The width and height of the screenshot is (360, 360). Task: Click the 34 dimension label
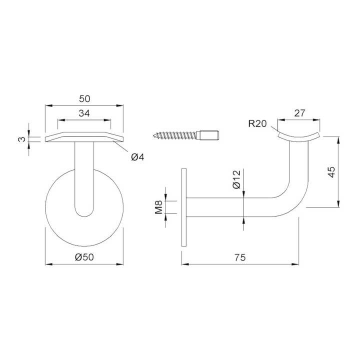[x=84, y=113]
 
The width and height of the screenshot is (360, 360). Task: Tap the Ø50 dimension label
[x=84, y=257]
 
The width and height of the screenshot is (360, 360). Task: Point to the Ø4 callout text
[x=137, y=157]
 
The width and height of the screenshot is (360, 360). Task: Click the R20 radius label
[x=257, y=124]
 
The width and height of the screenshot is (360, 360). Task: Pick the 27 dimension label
[x=299, y=113]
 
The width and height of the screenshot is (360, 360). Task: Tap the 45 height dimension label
[x=331, y=172]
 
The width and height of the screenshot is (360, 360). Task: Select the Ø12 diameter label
[x=236, y=179]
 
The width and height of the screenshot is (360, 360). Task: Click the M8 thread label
[x=158, y=207]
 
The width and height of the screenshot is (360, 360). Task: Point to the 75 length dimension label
[x=240, y=257]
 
